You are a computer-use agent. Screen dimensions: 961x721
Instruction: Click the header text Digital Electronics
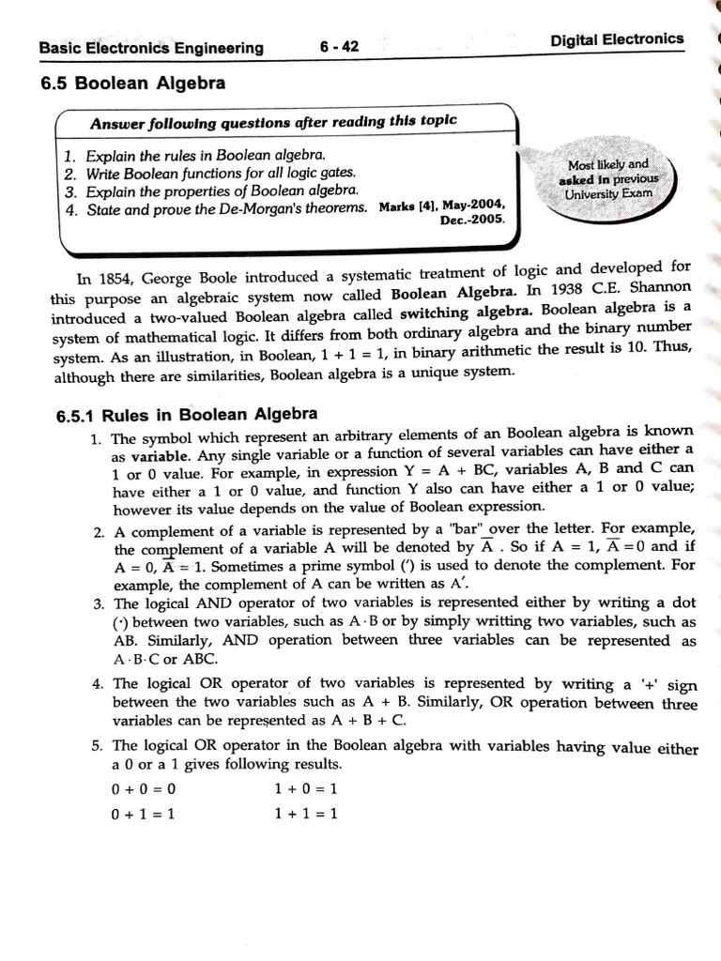point(617,39)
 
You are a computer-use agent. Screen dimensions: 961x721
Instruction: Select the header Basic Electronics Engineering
point(151,49)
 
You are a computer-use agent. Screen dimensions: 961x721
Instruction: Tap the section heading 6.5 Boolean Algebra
point(133,84)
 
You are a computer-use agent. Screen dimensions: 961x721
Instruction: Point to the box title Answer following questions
point(273,122)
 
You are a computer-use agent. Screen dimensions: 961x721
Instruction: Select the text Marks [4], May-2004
point(442,205)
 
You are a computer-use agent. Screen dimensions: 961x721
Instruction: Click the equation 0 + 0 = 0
point(144,789)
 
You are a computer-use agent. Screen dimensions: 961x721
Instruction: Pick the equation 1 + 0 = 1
point(306,788)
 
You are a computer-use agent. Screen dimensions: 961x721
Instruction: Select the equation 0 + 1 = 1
point(144,814)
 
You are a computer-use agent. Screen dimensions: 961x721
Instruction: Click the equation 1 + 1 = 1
point(306,813)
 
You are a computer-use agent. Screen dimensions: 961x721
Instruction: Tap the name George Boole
point(180,277)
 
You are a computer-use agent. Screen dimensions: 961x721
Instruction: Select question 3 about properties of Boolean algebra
point(211,191)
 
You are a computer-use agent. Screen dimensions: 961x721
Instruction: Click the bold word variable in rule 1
point(156,451)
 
